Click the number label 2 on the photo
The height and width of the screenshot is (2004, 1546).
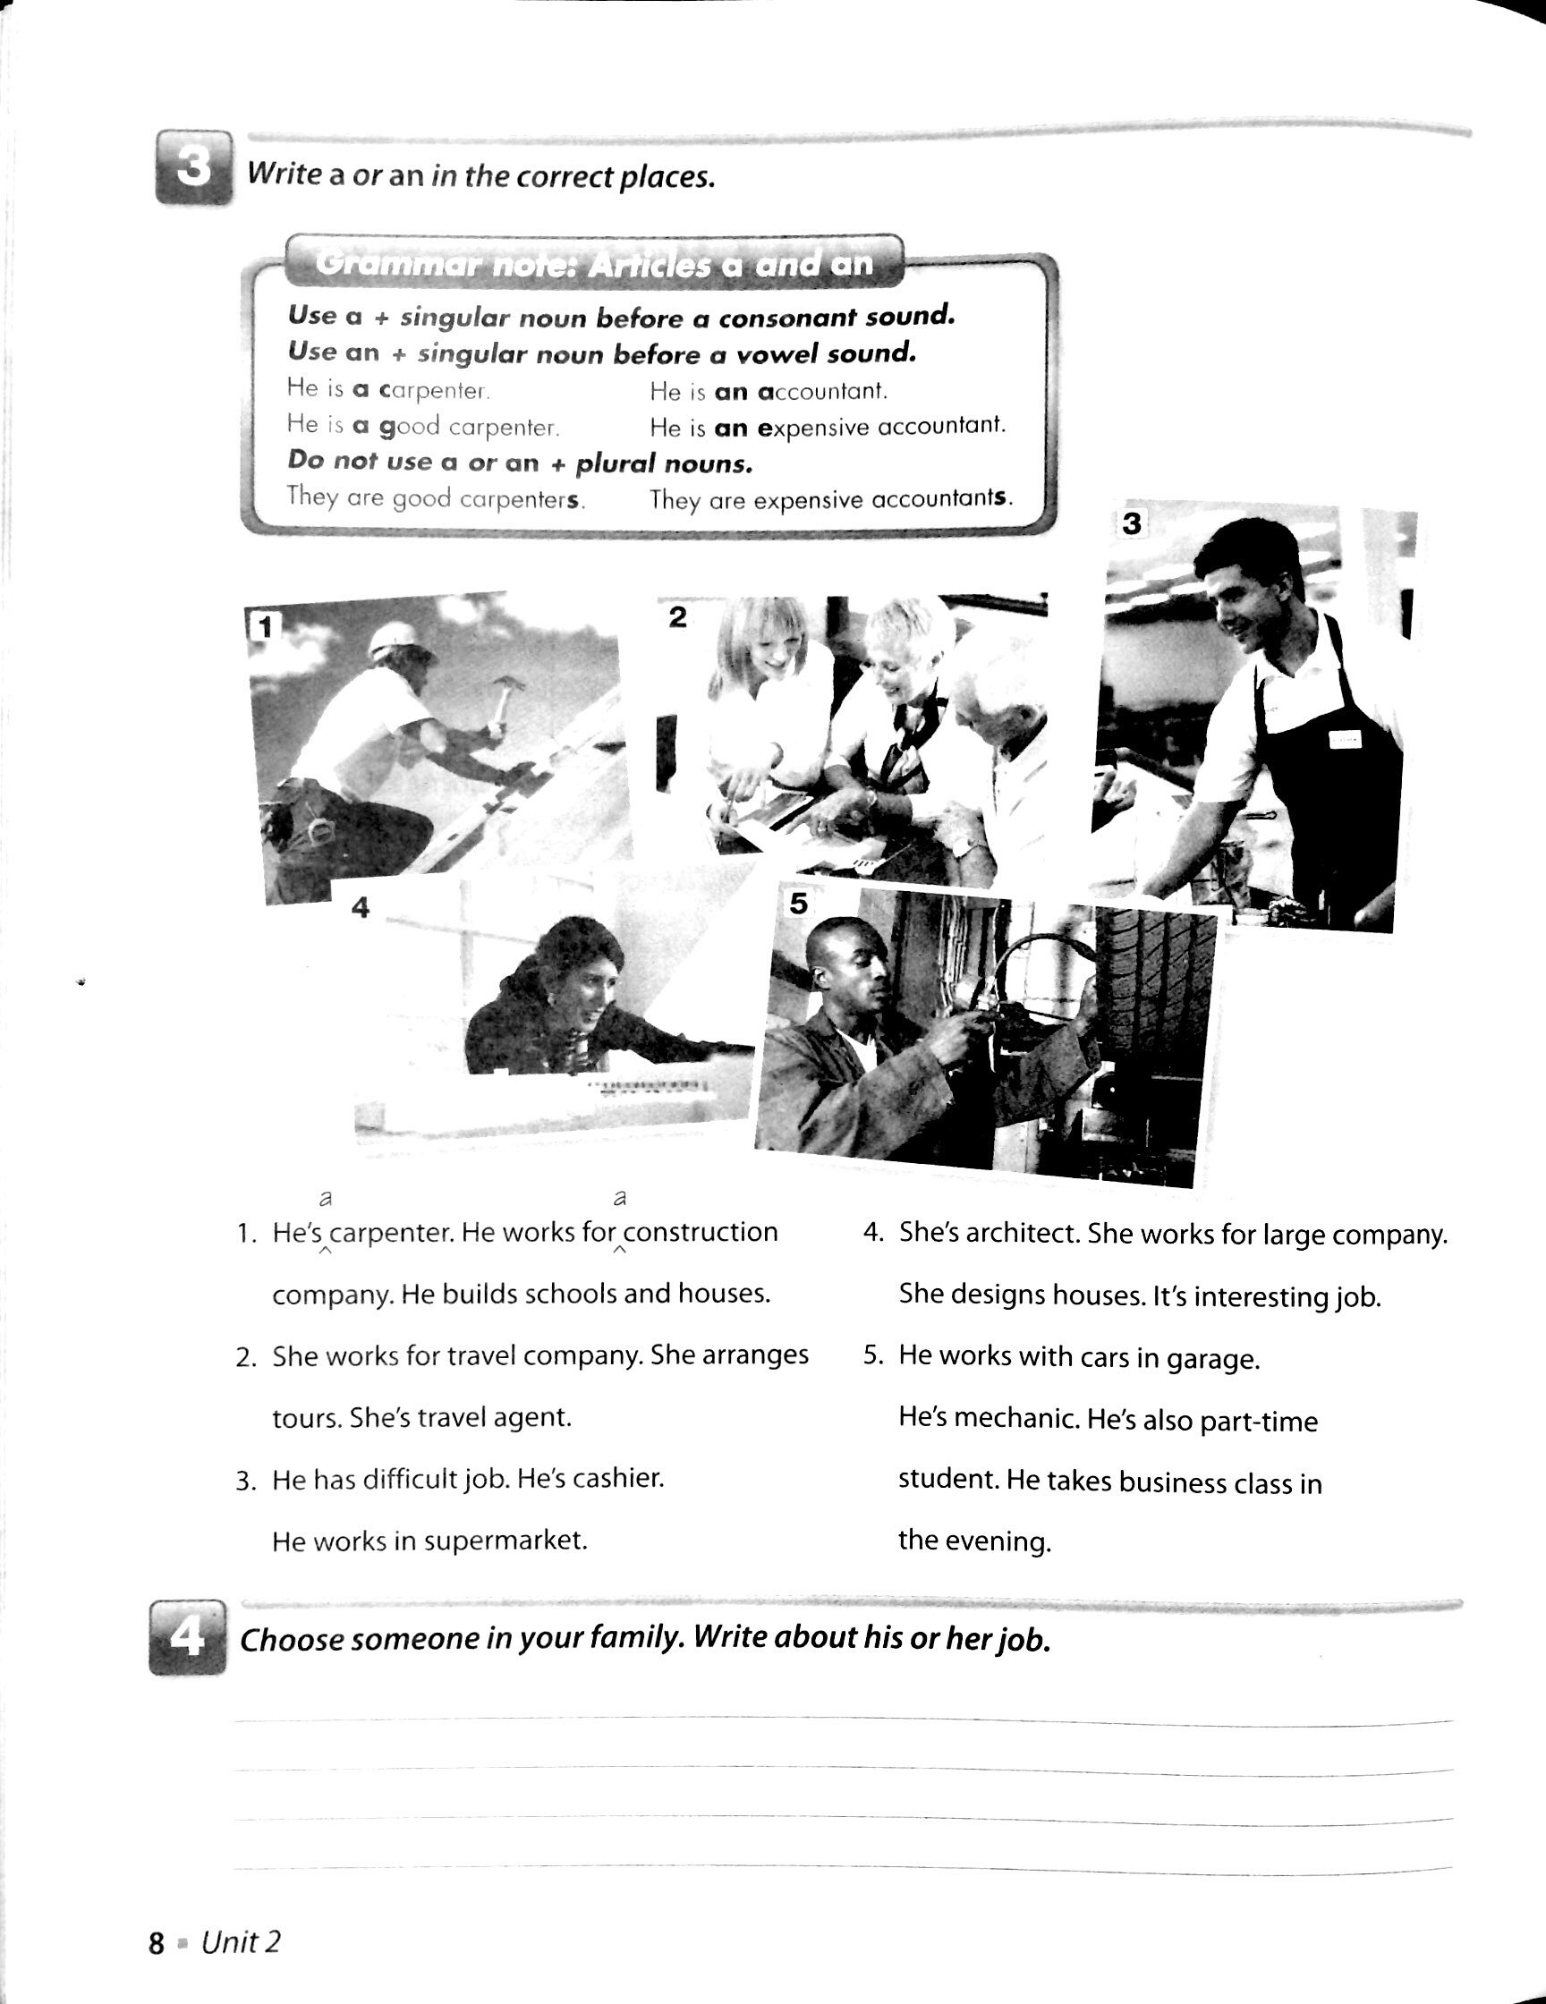coord(677,617)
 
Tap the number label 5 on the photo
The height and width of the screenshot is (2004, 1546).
coord(798,904)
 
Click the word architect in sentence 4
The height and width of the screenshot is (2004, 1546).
coord(1020,1233)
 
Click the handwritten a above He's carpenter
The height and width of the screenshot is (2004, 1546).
coord(324,1198)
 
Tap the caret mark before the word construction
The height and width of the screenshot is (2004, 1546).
coord(619,1251)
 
